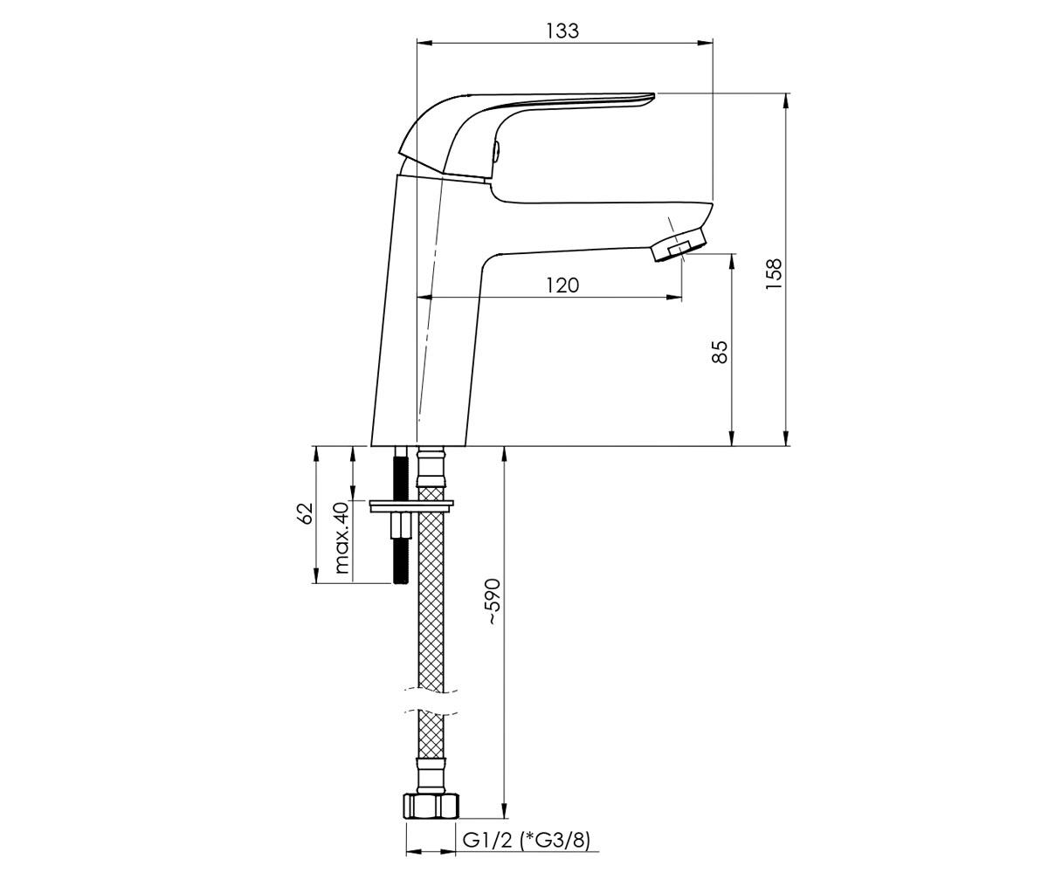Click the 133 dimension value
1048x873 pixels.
(562, 31)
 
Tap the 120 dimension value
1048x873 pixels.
(562, 285)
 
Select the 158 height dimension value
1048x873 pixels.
(775, 273)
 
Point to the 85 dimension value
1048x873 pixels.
(720, 352)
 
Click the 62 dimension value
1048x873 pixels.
(305, 512)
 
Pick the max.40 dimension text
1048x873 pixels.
(341, 538)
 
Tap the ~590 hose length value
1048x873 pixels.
(493, 601)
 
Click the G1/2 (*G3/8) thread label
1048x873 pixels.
(526, 841)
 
